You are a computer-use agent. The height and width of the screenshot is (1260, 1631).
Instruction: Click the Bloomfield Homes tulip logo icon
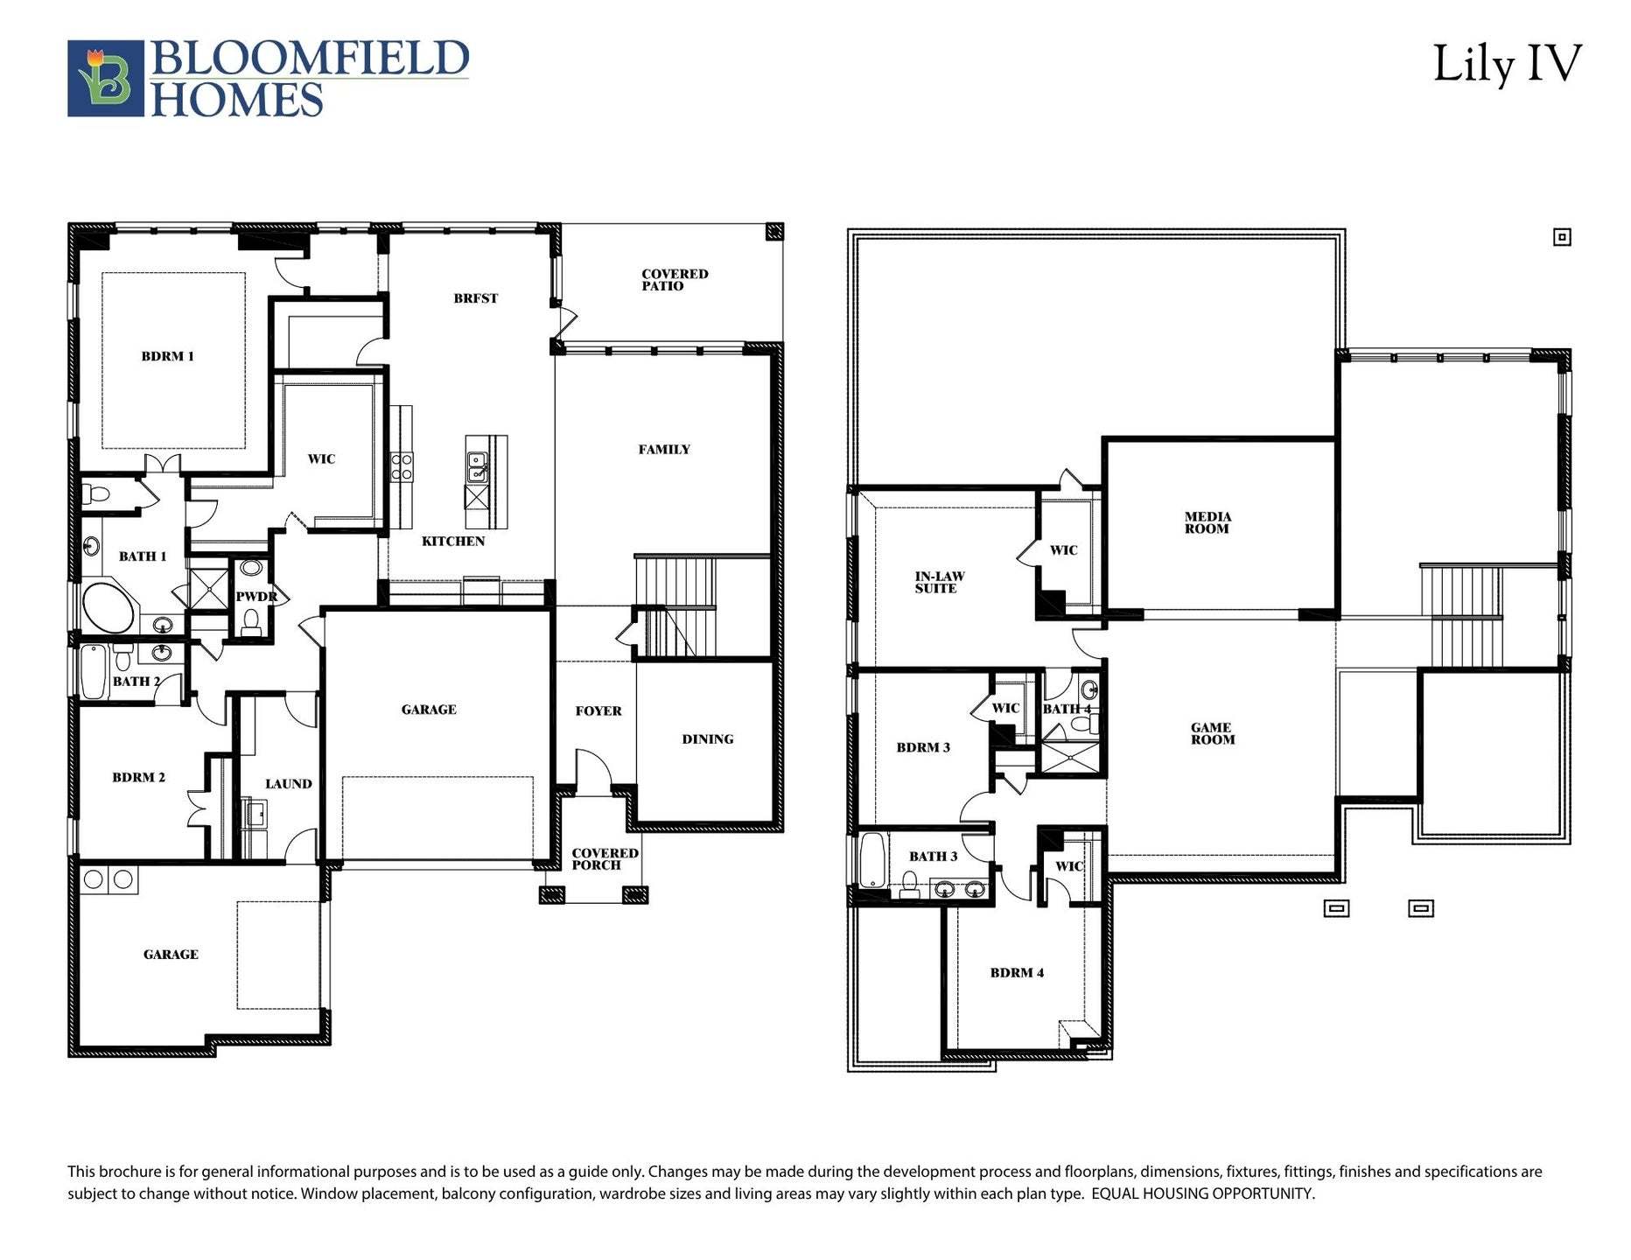coord(106,78)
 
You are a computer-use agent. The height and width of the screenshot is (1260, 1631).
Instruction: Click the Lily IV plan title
coord(1506,66)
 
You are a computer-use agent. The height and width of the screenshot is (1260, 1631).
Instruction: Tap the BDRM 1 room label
coord(167,356)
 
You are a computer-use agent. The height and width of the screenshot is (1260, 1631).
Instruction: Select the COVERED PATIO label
coord(674,280)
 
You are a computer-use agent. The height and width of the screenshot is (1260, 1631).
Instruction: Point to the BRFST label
coord(475,298)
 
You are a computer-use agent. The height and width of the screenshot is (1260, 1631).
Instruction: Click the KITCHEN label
coord(452,542)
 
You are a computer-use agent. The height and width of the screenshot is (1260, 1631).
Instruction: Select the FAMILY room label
coord(663,450)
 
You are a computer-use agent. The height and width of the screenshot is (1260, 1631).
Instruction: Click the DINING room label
coord(707,739)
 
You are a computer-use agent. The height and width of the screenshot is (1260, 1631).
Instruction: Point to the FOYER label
coord(598,711)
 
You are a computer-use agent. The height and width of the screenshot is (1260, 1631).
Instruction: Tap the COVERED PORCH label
coord(604,859)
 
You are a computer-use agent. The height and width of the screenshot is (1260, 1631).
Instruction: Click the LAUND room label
coord(288,784)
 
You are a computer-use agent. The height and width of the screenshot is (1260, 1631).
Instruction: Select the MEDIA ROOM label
coord(1207,523)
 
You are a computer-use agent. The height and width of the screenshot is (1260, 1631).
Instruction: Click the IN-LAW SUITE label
coord(939,583)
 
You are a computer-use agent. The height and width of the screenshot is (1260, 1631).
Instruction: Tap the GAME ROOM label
coord(1212,734)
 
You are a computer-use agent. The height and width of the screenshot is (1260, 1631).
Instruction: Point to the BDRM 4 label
coord(1016,973)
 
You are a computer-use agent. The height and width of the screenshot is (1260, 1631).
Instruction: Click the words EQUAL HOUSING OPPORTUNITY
coord(1202,1193)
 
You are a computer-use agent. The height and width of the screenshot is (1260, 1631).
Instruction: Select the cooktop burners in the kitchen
coord(402,466)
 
